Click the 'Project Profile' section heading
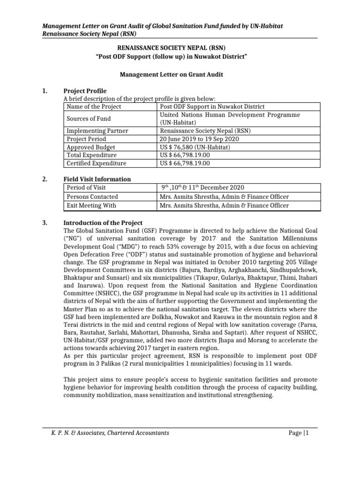click(85, 90)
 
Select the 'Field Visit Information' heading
click(97, 179)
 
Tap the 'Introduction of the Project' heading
click(103, 223)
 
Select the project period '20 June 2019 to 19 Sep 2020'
click(199, 139)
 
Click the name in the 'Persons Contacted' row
click(224, 197)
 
